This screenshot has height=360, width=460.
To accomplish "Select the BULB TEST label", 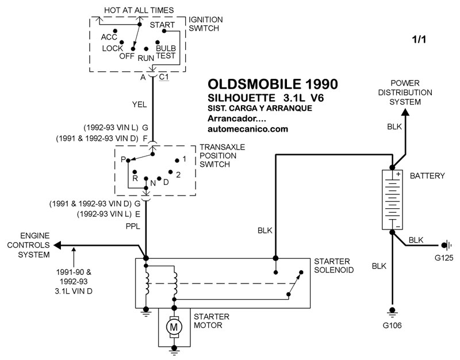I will click(166, 52).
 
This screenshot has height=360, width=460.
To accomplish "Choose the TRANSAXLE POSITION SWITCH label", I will click(221, 155).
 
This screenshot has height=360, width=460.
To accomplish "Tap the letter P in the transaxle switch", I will click(123, 159).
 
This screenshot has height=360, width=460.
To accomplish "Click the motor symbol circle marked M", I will click(172, 327).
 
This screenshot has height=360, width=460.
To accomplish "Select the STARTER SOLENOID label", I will click(333, 266).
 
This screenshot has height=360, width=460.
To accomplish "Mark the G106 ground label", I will click(393, 326).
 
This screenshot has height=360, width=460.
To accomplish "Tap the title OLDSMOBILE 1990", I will click(272, 84).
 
